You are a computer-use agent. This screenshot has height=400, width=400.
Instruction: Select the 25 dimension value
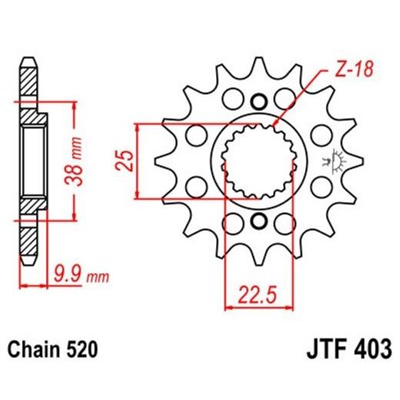point(128,160)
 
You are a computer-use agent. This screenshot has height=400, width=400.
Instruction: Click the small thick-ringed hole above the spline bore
point(258,101)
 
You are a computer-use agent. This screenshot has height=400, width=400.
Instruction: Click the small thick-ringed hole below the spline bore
point(258,222)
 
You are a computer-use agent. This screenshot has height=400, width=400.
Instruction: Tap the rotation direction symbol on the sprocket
point(333,162)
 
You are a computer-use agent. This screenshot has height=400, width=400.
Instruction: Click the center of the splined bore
point(258,161)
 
